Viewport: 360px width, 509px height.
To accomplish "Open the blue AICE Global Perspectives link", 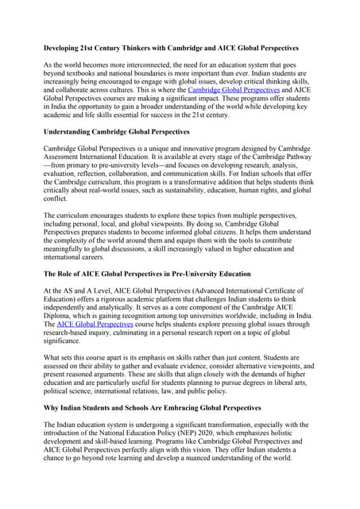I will point(96,324).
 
